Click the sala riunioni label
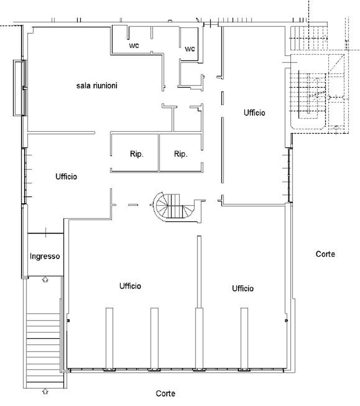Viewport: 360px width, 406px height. click(x=97, y=86)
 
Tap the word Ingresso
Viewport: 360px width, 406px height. click(x=45, y=256)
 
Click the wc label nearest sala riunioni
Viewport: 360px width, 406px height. click(x=134, y=45)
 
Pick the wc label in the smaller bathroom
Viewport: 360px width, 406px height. click(x=189, y=49)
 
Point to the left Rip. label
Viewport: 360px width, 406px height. click(x=137, y=154)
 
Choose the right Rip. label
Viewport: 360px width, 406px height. click(x=181, y=154)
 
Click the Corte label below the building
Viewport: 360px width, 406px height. click(x=165, y=393)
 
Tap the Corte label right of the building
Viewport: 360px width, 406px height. click(x=325, y=254)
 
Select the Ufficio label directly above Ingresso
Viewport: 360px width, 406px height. click(x=66, y=177)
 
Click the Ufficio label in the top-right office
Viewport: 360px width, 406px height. click(x=254, y=113)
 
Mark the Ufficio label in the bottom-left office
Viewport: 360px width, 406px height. click(x=130, y=286)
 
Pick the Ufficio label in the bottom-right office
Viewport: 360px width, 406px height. click(x=243, y=289)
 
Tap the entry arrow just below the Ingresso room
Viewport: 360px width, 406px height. click(x=45, y=279)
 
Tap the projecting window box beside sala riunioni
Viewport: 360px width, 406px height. click(x=20, y=88)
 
